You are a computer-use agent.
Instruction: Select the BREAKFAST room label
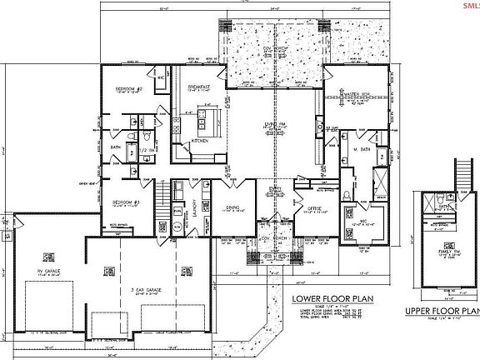[197, 87]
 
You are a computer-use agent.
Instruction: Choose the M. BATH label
[360, 150]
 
